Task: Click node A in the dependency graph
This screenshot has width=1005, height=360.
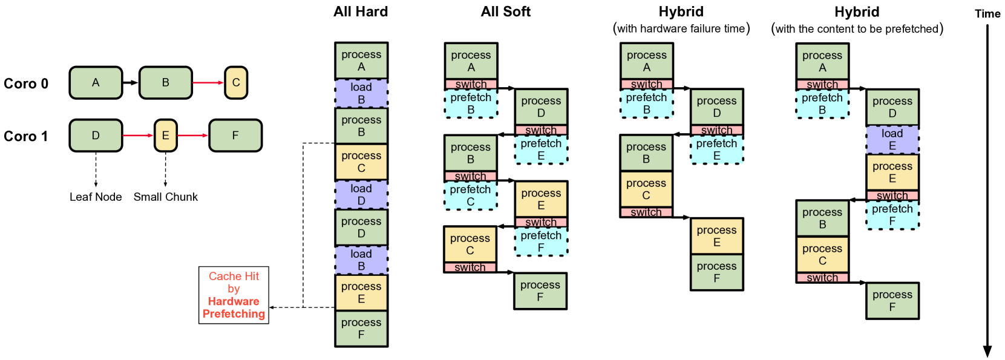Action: click(x=96, y=83)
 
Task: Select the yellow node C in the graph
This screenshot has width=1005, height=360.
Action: click(x=236, y=83)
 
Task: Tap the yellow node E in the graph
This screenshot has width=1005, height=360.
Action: click(x=165, y=136)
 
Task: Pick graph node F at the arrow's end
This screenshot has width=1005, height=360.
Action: click(x=235, y=136)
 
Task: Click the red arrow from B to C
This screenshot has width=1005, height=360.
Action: click(x=208, y=83)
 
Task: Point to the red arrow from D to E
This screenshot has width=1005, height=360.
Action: click(x=138, y=136)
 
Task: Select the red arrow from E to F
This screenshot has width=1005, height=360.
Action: click(x=192, y=136)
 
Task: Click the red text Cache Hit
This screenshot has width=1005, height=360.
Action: click(x=234, y=277)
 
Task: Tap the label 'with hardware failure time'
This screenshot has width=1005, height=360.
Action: click(x=681, y=28)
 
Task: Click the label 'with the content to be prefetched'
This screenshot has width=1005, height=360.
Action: click(x=857, y=28)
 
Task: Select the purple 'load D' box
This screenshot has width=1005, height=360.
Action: click(x=361, y=195)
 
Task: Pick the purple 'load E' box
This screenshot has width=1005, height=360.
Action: click(x=892, y=140)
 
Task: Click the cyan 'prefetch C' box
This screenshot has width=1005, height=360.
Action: click(x=470, y=195)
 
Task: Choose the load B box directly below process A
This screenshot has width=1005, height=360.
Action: click(x=361, y=93)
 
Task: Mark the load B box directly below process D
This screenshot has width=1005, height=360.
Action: click(x=361, y=260)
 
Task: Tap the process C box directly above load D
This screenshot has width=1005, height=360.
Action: click(x=361, y=162)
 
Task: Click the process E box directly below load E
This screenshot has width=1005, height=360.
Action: click(x=892, y=172)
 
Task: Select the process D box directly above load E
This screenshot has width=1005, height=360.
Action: click(x=892, y=107)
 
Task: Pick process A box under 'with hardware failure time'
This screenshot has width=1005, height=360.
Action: click(x=646, y=61)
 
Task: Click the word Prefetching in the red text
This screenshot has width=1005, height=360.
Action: click(x=234, y=314)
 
